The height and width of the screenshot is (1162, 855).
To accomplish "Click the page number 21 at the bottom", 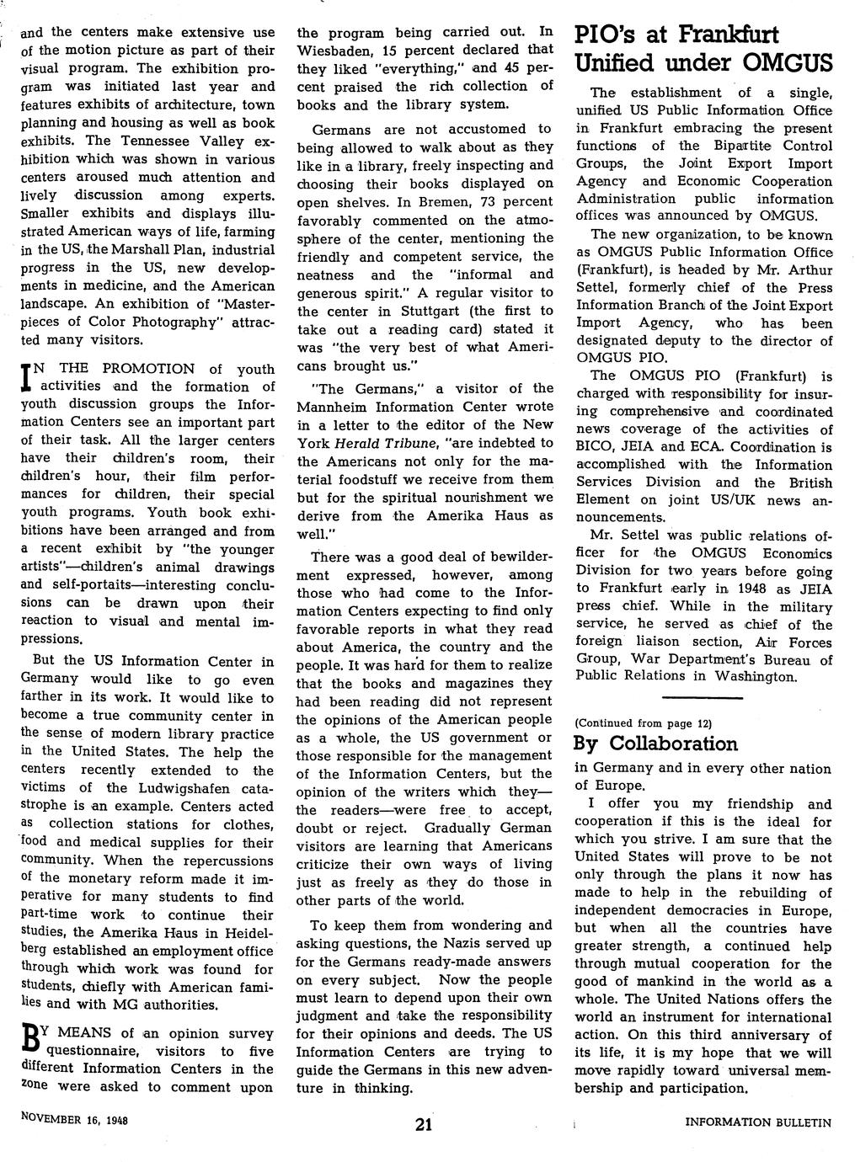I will [x=425, y=1126].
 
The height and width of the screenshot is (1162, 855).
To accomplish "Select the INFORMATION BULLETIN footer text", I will [x=758, y=1122].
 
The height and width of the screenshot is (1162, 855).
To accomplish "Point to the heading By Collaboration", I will [x=655, y=744].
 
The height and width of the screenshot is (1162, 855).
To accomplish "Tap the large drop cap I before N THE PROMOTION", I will [x=25, y=376].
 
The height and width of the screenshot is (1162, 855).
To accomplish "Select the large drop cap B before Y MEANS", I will [x=27, y=1041].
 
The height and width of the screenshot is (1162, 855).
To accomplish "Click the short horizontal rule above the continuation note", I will [x=703, y=698].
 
